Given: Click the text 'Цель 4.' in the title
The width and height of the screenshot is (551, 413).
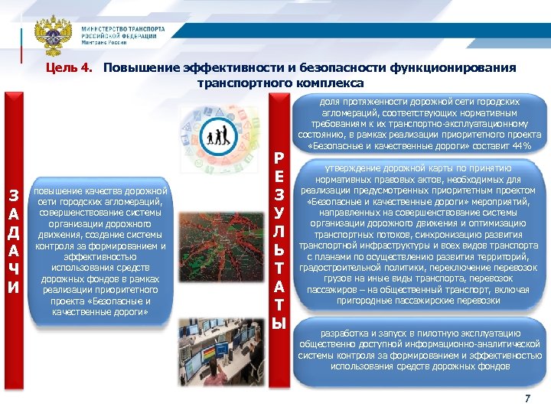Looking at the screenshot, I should (x=69, y=68).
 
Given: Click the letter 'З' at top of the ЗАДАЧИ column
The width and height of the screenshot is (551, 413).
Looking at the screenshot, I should (x=13, y=196).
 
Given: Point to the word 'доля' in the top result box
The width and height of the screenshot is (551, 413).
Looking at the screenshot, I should (x=330, y=101).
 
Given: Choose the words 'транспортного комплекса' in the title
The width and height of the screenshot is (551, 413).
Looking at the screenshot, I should (x=280, y=83).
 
